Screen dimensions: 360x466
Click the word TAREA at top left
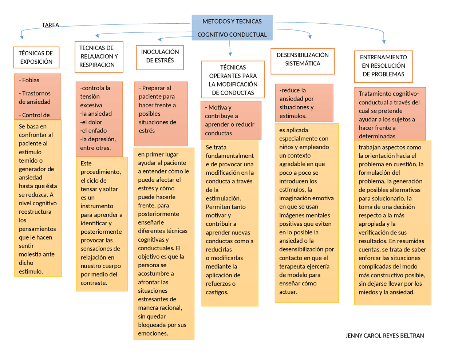click(50, 25)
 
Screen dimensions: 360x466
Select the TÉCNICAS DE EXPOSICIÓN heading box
click(36, 58)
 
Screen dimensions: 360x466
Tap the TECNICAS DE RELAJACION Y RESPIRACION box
click(99, 56)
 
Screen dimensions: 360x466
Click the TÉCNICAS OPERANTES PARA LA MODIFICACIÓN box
click(233, 80)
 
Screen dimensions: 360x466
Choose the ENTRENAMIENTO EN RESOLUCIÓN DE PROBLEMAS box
click(383, 66)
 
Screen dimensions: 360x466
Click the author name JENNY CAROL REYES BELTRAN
click(384, 336)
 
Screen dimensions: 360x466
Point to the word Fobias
click(31, 80)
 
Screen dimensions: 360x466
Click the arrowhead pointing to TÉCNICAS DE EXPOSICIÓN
click(22, 37)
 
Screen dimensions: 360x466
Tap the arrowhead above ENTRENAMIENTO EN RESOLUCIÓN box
click(384, 42)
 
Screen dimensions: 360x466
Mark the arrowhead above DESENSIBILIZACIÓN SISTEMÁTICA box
click(310, 36)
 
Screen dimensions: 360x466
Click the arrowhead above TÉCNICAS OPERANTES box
click(230, 54)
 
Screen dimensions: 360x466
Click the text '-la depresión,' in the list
click(98, 139)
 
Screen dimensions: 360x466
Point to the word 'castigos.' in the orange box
click(217, 292)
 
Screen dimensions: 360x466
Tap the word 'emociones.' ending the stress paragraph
click(153, 333)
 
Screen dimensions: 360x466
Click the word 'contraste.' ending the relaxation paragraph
click(94, 283)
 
